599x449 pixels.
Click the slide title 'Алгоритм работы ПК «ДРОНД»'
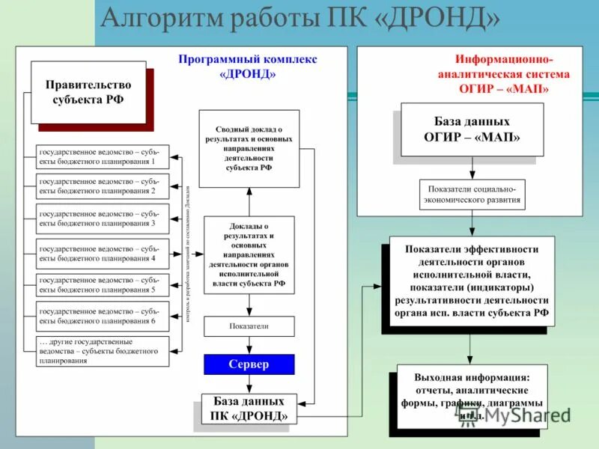pyautogui.click(x=299, y=18)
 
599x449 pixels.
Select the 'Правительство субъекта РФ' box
pyautogui.click(x=88, y=92)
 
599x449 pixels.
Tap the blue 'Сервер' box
pyautogui.click(x=249, y=364)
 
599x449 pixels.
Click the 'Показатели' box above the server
pyautogui.click(x=249, y=326)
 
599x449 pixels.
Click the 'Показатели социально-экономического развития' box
pyautogui.click(x=472, y=195)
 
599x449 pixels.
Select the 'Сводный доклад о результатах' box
pyautogui.click(x=249, y=149)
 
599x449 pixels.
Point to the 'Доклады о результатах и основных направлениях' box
pyautogui.click(x=249, y=254)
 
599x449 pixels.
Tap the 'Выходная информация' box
pyautogui.click(x=472, y=396)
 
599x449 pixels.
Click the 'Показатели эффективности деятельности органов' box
pyautogui.click(x=472, y=281)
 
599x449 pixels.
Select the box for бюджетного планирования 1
pyautogui.click(x=103, y=156)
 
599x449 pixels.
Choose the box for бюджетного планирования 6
pyautogui.click(x=103, y=316)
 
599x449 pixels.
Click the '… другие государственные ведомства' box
pyautogui.click(x=103, y=350)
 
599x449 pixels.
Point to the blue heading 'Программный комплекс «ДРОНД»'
pyautogui.click(x=248, y=67)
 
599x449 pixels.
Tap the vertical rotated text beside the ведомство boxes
pyautogui.click(x=188, y=254)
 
